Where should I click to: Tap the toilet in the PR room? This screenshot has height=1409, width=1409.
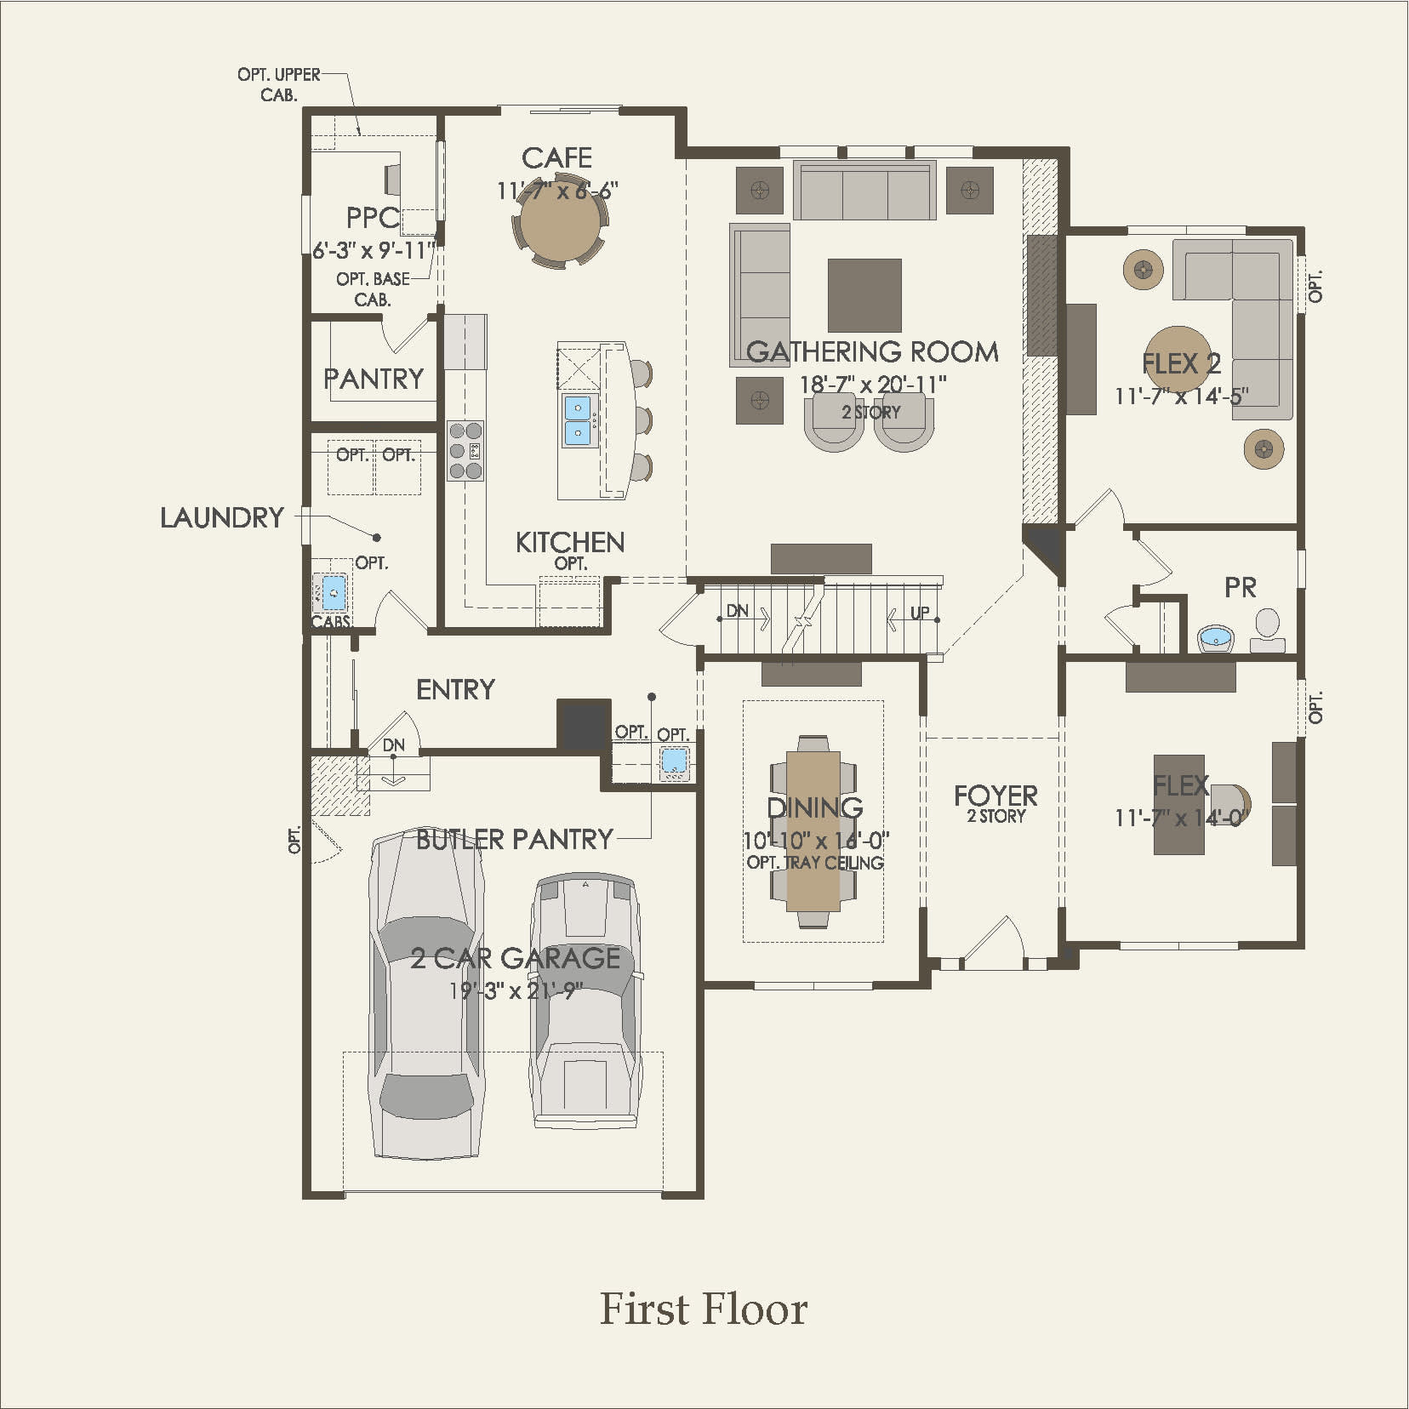pos(1268,630)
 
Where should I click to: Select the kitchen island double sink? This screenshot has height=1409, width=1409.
pos(579,419)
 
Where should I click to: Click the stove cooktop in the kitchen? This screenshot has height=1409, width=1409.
pos(465,451)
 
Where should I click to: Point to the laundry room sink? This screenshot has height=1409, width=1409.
pos(334,592)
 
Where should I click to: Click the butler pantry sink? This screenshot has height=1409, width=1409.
pos(675,762)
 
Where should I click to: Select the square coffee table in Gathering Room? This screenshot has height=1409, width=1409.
pos(864,295)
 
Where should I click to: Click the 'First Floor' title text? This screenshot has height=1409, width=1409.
pos(704,1309)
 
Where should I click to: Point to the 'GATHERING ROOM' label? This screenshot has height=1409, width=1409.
pos(872,351)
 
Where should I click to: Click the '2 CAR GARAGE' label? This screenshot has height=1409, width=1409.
pos(516,958)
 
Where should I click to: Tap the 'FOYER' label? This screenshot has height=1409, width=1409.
pos(995,796)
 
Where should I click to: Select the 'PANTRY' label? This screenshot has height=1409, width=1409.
pos(374,378)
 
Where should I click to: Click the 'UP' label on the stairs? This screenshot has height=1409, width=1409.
pos(920,613)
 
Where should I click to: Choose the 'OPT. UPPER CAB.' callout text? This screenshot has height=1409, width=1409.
pos(279,84)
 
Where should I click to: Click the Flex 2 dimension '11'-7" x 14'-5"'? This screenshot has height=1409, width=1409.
pos(1181,396)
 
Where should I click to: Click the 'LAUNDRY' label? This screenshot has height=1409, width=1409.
pos(222,517)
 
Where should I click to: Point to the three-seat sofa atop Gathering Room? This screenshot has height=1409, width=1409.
pos(864,190)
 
